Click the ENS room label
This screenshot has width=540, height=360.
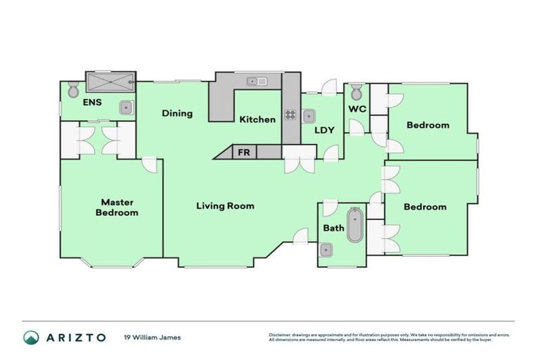coord(92,103)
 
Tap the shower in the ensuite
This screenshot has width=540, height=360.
coord(108,82)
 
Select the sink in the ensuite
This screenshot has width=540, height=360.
coord(126,108)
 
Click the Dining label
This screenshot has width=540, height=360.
coord(176,113)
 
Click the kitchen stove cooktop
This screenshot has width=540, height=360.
coord(290,115)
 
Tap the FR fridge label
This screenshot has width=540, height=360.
coord(244,152)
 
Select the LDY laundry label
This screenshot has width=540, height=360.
coord(324,130)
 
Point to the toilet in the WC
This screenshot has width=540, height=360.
coord(356,92)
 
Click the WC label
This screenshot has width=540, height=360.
coord(357,110)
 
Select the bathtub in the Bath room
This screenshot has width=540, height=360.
coord(355,225)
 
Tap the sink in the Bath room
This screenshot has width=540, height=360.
coord(326,250)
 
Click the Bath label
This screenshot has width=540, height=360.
coord(333,228)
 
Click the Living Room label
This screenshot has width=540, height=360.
coord(225,206)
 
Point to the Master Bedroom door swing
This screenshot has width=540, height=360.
coord(149,164)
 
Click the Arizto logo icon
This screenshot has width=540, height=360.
coord(31,337)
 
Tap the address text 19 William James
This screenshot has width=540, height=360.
coord(152,337)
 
